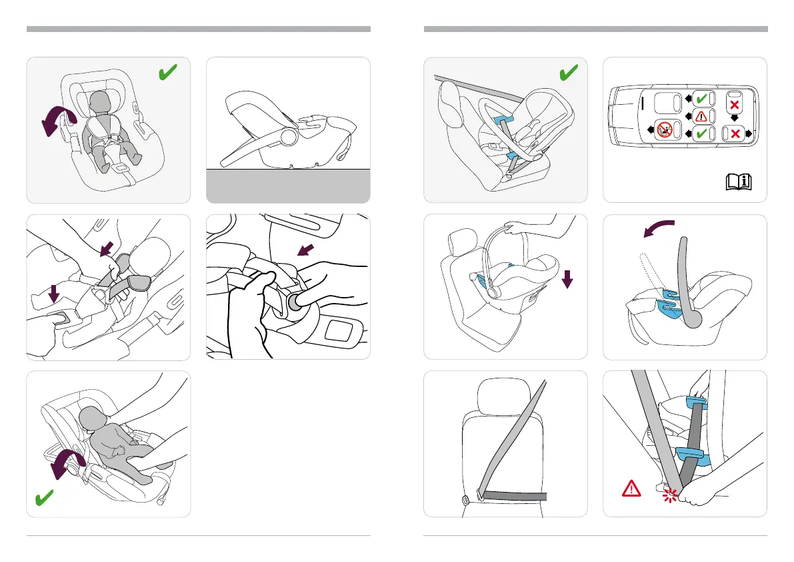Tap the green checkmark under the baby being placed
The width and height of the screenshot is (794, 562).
coord(45,498)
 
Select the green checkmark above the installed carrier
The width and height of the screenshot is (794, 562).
coord(568,74)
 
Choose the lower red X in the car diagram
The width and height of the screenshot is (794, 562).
coord(735,133)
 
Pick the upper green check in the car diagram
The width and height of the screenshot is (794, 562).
coord(701,99)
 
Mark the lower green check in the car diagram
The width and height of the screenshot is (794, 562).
coord(701,133)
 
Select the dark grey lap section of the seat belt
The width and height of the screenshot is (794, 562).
coord(514,496)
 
